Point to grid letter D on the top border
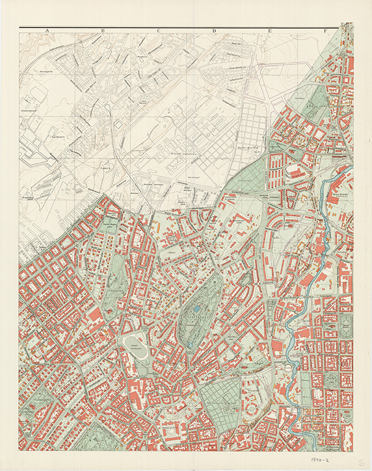(214, 30)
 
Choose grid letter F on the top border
(325, 30)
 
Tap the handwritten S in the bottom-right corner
(361, 462)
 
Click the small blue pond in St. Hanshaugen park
(197, 308)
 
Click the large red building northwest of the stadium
(96, 316)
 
